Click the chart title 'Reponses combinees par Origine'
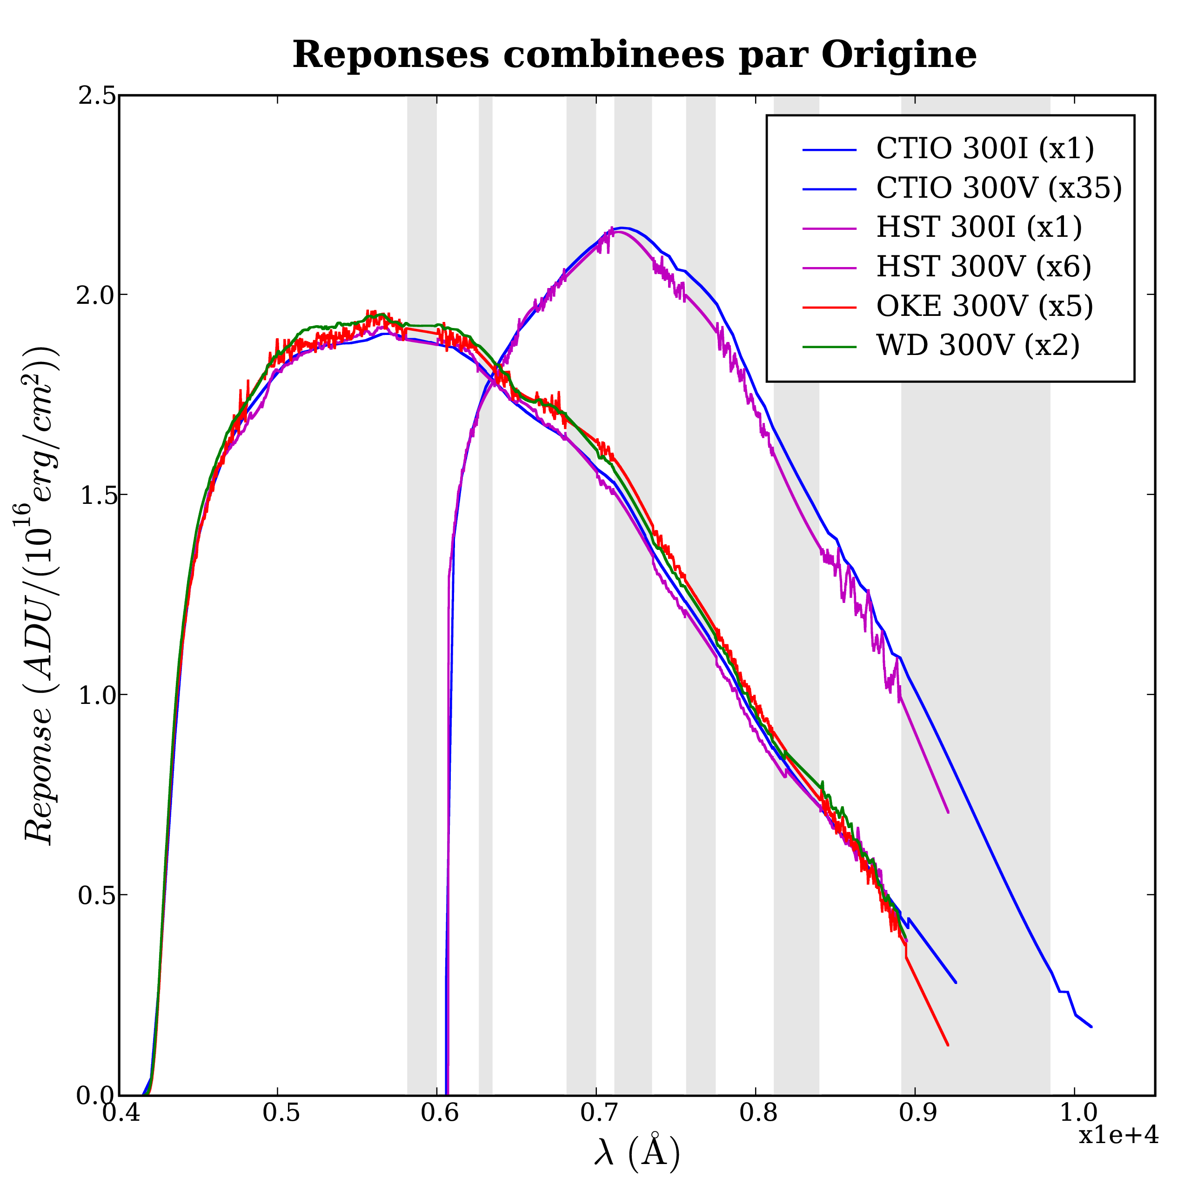[x=634, y=55]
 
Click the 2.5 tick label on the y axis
[x=97, y=96]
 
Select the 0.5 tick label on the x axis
[x=278, y=1113]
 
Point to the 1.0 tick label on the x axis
[x=1074, y=1113]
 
